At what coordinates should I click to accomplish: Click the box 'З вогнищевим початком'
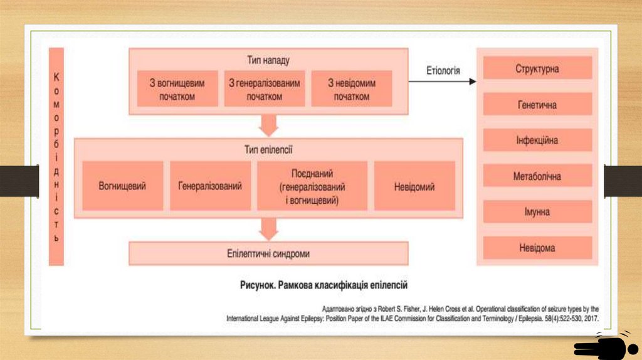pos(177,89)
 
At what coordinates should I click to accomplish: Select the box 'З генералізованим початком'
pos(264,89)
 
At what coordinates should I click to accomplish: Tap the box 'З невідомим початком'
pos(351,89)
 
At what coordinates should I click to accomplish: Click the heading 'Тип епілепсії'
pos(268,150)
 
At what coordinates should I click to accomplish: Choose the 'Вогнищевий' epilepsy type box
pos(122,186)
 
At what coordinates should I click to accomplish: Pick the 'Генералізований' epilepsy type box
pos(209,186)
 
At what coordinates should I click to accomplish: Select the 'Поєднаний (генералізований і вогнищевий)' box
pos(312,186)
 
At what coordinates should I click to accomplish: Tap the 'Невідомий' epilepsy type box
pos(414,186)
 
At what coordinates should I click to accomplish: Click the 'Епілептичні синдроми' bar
pos(268,254)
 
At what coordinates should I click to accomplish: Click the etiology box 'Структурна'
pos(537,68)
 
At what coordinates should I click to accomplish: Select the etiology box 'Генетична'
pos(537,104)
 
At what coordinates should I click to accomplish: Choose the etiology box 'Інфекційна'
pos(537,140)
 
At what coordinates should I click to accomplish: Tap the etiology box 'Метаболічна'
pos(537,176)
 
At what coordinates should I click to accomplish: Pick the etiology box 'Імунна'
pos(537,212)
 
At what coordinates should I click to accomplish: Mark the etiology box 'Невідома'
pos(537,248)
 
